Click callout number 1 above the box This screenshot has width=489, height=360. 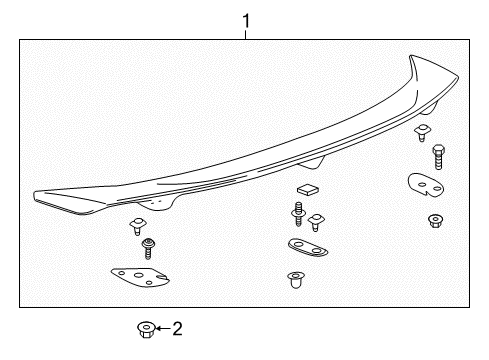(246, 21)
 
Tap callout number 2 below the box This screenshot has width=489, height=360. (177, 329)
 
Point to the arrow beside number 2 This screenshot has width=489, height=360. (163, 329)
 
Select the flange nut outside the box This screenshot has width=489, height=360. (146, 330)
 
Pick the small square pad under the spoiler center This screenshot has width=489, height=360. (308, 190)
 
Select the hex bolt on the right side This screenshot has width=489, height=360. (438, 157)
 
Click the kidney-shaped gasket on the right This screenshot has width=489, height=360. (426, 185)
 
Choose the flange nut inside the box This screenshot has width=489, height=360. (435, 221)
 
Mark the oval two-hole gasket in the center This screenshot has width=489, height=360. (308, 247)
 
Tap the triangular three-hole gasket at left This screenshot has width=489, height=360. (140, 277)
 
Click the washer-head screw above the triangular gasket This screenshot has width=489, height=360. (147, 248)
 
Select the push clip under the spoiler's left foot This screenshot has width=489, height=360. (138, 226)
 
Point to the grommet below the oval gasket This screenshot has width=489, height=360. (296, 280)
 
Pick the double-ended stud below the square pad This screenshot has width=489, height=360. (298, 214)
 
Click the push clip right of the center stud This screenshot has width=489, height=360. (316, 222)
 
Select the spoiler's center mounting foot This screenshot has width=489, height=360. (312, 163)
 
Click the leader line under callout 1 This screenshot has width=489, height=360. (246, 35)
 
